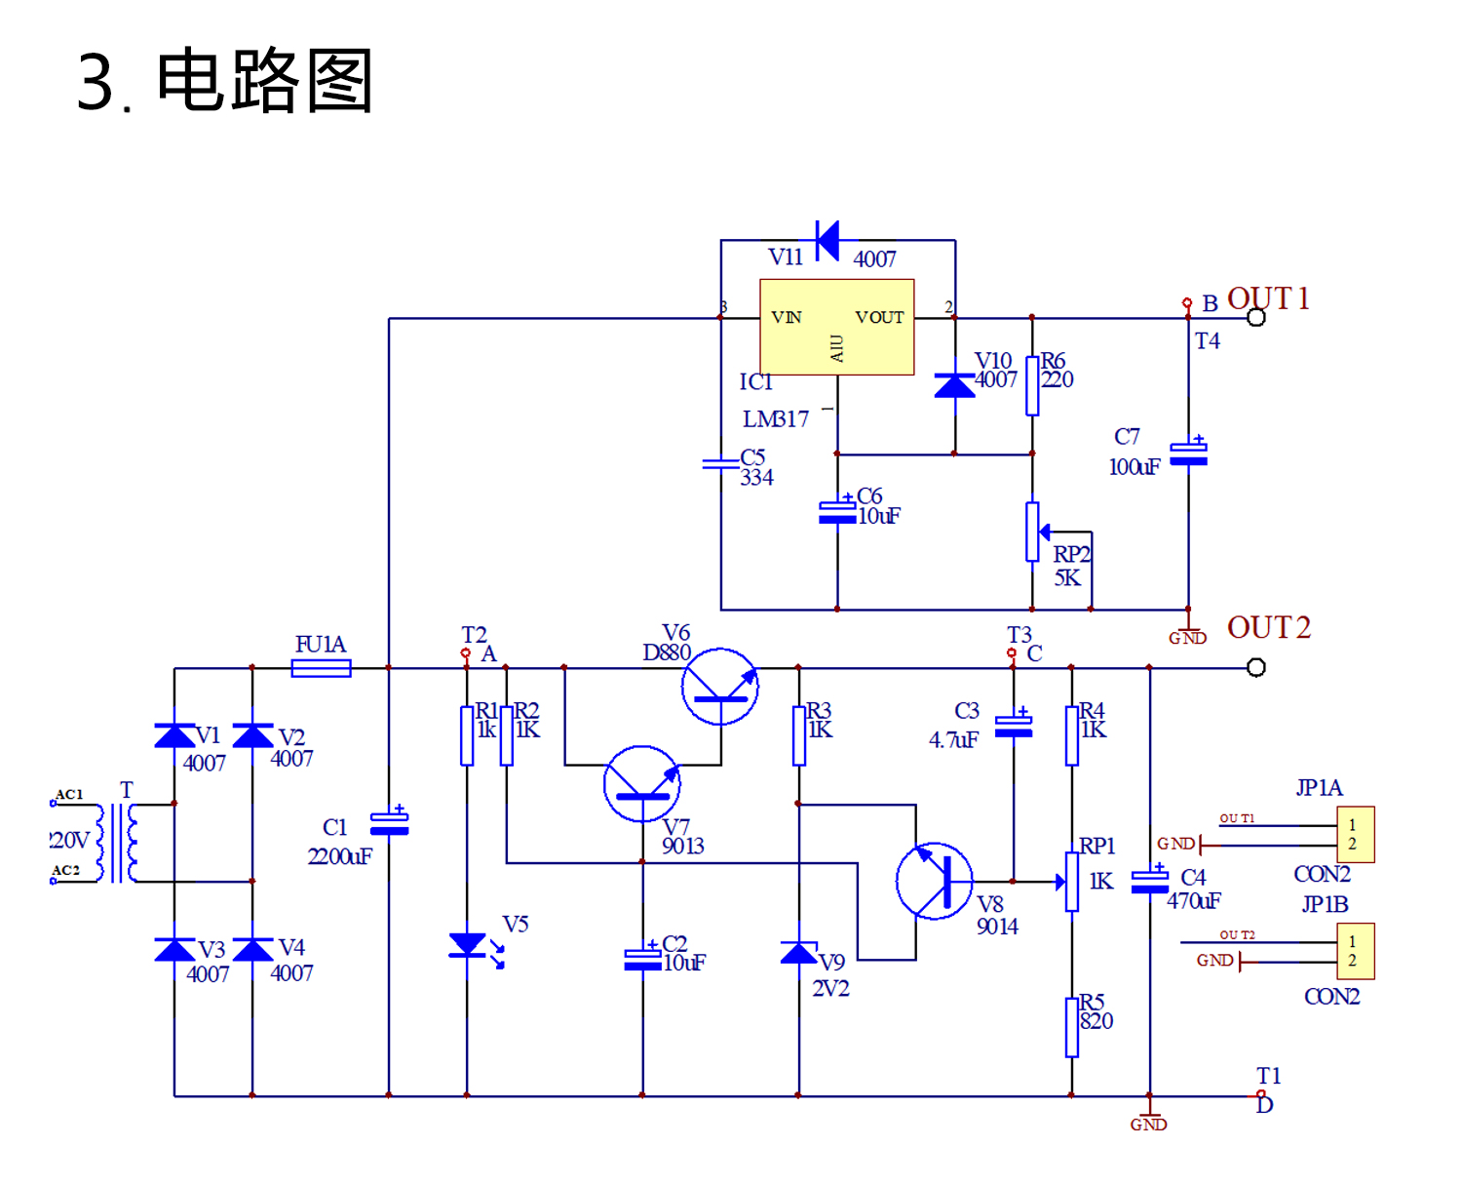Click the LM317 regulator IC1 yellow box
[x=836, y=327]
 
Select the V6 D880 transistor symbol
[x=720, y=686]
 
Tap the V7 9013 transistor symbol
[x=641, y=784]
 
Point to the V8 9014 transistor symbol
[x=934, y=882]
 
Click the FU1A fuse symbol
[x=321, y=668]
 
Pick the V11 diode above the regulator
[x=827, y=240]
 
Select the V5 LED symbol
[x=468, y=945]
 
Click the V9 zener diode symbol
[x=799, y=952]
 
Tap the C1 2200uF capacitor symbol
[x=389, y=824]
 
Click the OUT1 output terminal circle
[x=1256, y=318]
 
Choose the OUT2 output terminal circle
[x=1256, y=667]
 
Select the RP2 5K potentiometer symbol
[x=1033, y=533]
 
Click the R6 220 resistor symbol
[x=1032, y=386]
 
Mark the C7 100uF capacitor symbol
[x=1188, y=454]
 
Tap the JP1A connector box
[x=1355, y=834]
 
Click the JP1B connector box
[x=1355, y=951]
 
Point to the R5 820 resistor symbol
[x=1072, y=1027]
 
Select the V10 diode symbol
[x=954, y=386]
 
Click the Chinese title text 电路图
[x=264, y=80]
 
